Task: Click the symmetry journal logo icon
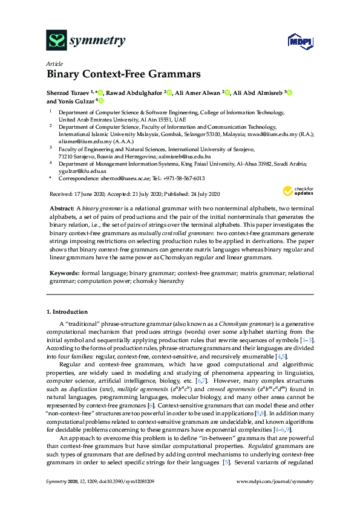tap(57, 41)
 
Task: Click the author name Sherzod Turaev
tap(68, 92)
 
